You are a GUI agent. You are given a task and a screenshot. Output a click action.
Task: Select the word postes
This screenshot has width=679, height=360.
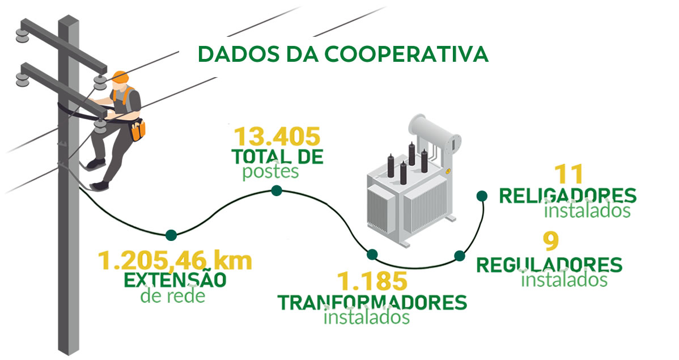[x=270, y=171]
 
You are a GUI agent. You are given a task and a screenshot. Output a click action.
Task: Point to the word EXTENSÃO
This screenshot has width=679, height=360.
[x=176, y=280]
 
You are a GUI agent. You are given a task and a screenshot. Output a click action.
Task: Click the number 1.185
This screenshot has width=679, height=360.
[x=372, y=281]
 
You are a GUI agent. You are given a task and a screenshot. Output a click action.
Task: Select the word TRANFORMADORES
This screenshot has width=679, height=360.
[x=372, y=302]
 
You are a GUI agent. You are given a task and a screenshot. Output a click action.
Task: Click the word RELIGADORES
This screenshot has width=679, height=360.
[x=567, y=196]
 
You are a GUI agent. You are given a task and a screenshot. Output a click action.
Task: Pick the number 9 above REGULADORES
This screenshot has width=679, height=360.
[x=550, y=242]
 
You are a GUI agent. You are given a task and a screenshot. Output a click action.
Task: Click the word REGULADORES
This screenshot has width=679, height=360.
[x=549, y=265]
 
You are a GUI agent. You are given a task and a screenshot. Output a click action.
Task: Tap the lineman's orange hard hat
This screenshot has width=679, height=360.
[x=120, y=77]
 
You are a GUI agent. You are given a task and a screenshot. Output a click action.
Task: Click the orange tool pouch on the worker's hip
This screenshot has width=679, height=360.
[x=138, y=130]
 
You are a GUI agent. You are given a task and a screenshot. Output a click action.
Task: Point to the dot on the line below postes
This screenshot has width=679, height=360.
[x=277, y=190]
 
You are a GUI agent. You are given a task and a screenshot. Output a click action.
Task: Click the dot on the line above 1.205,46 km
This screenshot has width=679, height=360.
[x=171, y=235]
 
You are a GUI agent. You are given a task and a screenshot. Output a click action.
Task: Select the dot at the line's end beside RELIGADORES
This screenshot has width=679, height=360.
[x=481, y=196]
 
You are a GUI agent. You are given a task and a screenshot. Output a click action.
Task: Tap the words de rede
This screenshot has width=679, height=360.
[x=172, y=297]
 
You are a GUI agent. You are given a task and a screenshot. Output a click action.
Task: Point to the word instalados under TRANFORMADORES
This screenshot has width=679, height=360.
[x=366, y=317]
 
